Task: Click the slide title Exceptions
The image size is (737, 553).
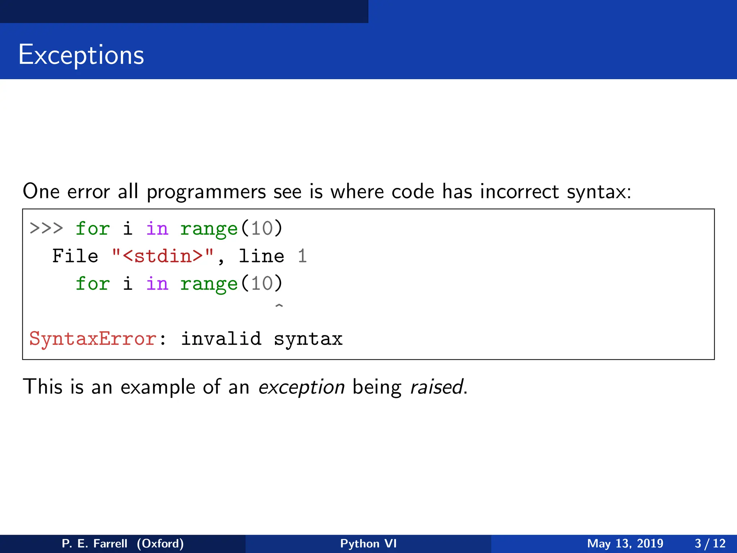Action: (81, 55)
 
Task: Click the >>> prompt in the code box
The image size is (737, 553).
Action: (46, 229)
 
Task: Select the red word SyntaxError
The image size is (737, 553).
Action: (93, 339)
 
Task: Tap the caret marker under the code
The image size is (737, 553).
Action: (279, 306)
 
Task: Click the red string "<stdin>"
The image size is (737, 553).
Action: (163, 256)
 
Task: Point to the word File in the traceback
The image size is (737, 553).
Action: (75, 256)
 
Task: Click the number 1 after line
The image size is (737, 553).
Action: (302, 256)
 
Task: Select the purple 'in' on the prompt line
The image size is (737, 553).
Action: (157, 229)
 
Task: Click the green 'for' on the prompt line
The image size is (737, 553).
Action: (92, 229)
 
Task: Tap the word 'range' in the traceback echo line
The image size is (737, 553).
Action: (209, 284)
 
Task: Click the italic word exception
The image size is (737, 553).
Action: (302, 387)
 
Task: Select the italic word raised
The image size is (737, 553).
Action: (437, 387)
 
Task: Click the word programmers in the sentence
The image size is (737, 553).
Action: (206, 192)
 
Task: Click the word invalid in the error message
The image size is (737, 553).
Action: (221, 339)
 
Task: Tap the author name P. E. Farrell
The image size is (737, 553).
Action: (94, 543)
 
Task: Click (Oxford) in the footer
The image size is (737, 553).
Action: (160, 543)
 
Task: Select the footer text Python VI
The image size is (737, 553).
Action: (368, 543)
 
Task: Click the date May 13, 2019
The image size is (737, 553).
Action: (625, 543)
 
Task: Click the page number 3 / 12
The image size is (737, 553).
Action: (710, 543)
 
